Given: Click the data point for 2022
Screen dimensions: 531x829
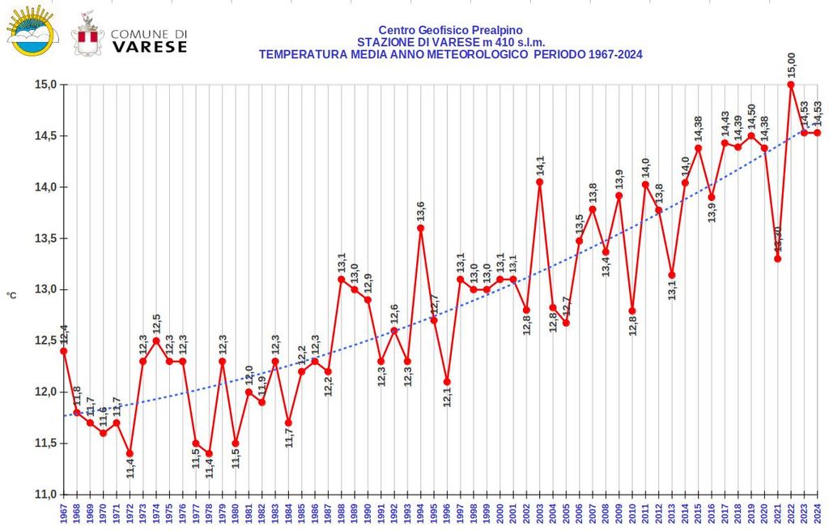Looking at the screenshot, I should pyautogui.click(x=791, y=84).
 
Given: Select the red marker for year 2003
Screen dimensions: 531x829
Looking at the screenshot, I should pyautogui.click(x=539, y=182).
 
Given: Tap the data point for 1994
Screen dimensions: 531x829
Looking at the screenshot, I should pyautogui.click(x=420, y=228).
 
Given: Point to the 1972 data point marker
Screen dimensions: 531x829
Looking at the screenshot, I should pyautogui.click(x=130, y=453).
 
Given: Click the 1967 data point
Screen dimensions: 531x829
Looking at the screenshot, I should pyautogui.click(x=63, y=351).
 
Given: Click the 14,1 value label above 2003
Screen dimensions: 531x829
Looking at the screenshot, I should pyautogui.click(x=540, y=165).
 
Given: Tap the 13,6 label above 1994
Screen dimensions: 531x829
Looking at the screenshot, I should pyautogui.click(x=421, y=211).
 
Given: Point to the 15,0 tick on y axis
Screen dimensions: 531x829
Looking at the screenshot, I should pyautogui.click(x=44, y=84).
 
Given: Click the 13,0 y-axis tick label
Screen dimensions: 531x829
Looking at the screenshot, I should pyautogui.click(x=44, y=289).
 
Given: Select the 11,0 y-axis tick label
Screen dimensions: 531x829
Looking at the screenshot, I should pyautogui.click(x=44, y=494).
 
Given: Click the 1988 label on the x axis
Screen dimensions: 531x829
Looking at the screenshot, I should pyautogui.click(x=342, y=513).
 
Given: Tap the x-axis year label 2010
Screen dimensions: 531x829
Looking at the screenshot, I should pyautogui.click(x=632, y=513).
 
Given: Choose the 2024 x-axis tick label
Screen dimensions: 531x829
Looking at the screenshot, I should pyautogui.click(x=818, y=513).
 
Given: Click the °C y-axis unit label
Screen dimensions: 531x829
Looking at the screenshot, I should pyautogui.click(x=11, y=296).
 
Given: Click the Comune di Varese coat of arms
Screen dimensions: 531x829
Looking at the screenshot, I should pyautogui.click(x=87, y=33).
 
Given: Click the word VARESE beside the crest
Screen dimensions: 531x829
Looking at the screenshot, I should pyautogui.click(x=149, y=47).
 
